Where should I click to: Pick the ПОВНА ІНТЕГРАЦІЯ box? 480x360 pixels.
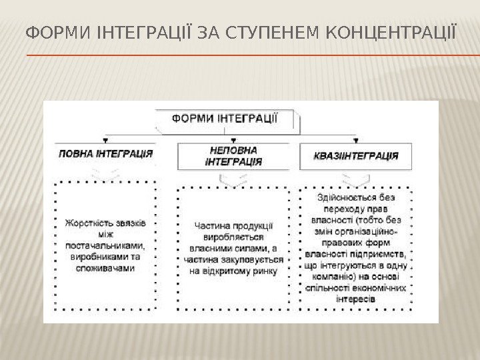tap(106, 154)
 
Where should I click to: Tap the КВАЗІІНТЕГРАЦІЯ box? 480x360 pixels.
tap(355, 156)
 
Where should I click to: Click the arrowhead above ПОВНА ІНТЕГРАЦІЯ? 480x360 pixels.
tap(106, 140)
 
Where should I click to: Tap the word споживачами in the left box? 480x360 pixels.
tap(106, 268)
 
